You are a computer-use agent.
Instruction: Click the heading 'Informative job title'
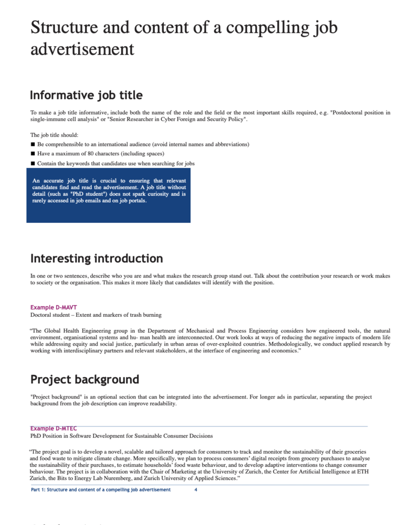pyautogui.click(x=86, y=95)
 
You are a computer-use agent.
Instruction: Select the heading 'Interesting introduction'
pyautogui.click(x=97, y=259)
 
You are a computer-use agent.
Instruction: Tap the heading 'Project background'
pyautogui.click(x=84, y=379)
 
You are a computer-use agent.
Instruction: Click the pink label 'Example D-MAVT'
pyautogui.click(x=54, y=307)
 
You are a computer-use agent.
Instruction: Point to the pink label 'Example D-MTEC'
pyautogui.click(x=54, y=428)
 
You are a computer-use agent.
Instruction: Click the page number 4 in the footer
pyautogui.click(x=196, y=490)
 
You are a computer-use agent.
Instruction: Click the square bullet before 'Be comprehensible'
pyautogui.click(x=33, y=144)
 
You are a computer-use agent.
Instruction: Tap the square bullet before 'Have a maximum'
pyautogui.click(x=33, y=154)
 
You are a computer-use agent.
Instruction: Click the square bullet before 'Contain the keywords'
pyautogui.click(x=33, y=163)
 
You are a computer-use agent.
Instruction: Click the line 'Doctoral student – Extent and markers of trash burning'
pyautogui.click(x=96, y=315)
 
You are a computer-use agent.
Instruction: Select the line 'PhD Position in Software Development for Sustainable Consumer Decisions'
pyautogui.click(x=121, y=436)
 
